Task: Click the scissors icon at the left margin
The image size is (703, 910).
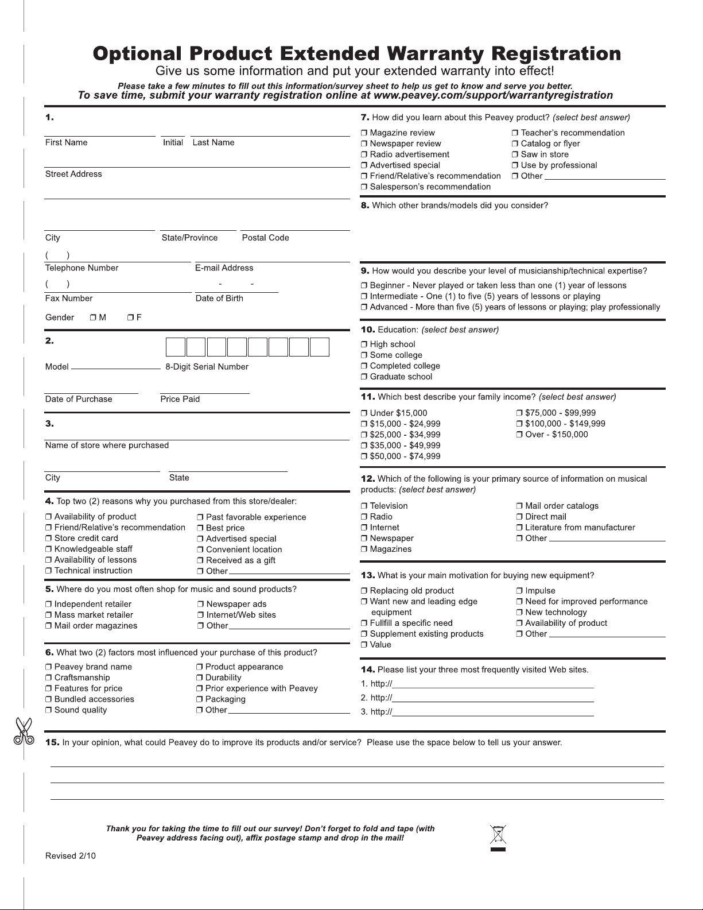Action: click(24, 731)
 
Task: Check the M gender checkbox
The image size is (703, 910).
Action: click(93, 317)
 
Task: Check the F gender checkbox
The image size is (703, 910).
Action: click(130, 317)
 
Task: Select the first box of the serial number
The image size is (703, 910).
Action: click(176, 347)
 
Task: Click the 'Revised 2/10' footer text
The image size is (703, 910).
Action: click(71, 856)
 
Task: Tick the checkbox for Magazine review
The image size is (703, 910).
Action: click(364, 133)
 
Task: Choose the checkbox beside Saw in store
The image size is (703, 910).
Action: click(515, 154)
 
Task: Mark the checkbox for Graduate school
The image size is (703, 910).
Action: click(364, 377)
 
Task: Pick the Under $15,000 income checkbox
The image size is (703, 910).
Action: click(364, 413)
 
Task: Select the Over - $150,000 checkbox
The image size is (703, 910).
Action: click(519, 435)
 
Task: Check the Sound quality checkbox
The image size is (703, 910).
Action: click(49, 710)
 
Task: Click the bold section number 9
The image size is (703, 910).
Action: click(365, 271)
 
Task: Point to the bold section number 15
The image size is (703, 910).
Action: click(52, 742)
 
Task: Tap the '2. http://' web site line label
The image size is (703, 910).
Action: click(376, 698)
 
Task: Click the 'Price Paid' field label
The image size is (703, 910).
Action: click(180, 399)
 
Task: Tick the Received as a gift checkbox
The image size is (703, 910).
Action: click(200, 560)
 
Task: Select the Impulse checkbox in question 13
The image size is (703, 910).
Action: click(519, 591)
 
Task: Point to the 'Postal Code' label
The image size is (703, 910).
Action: click(265, 238)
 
